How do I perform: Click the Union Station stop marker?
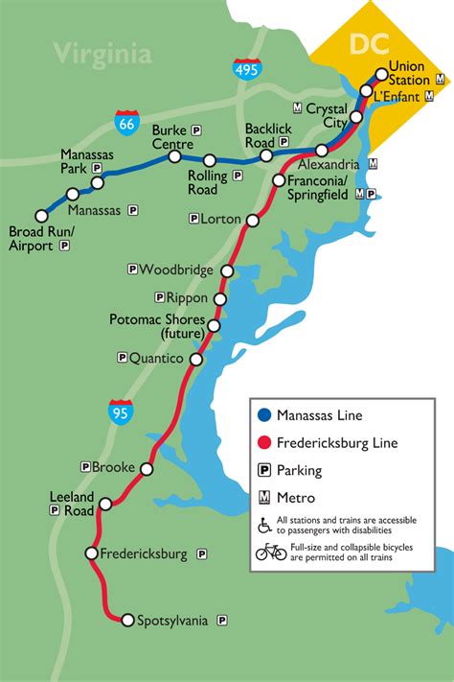(x=381, y=74)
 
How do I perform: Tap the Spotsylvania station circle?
(x=127, y=621)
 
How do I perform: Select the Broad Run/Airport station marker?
(x=41, y=216)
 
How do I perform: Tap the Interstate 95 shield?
(x=121, y=412)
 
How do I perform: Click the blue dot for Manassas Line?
(x=263, y=415)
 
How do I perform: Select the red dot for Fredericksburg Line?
(x=263, y=443)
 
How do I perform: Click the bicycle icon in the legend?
(x=271, y=552)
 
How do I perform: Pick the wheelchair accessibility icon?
(x=264, y=525)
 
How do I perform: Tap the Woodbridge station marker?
(x=227, y=270)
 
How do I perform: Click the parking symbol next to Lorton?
(x=193, y=219)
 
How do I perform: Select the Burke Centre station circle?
(x=174, y=156)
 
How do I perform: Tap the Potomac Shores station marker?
(x=214, y=326)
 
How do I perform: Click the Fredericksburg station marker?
(x=91, y=553)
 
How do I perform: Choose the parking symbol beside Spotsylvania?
(x=222, y=621)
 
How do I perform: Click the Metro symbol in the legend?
(x=263, y=498)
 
